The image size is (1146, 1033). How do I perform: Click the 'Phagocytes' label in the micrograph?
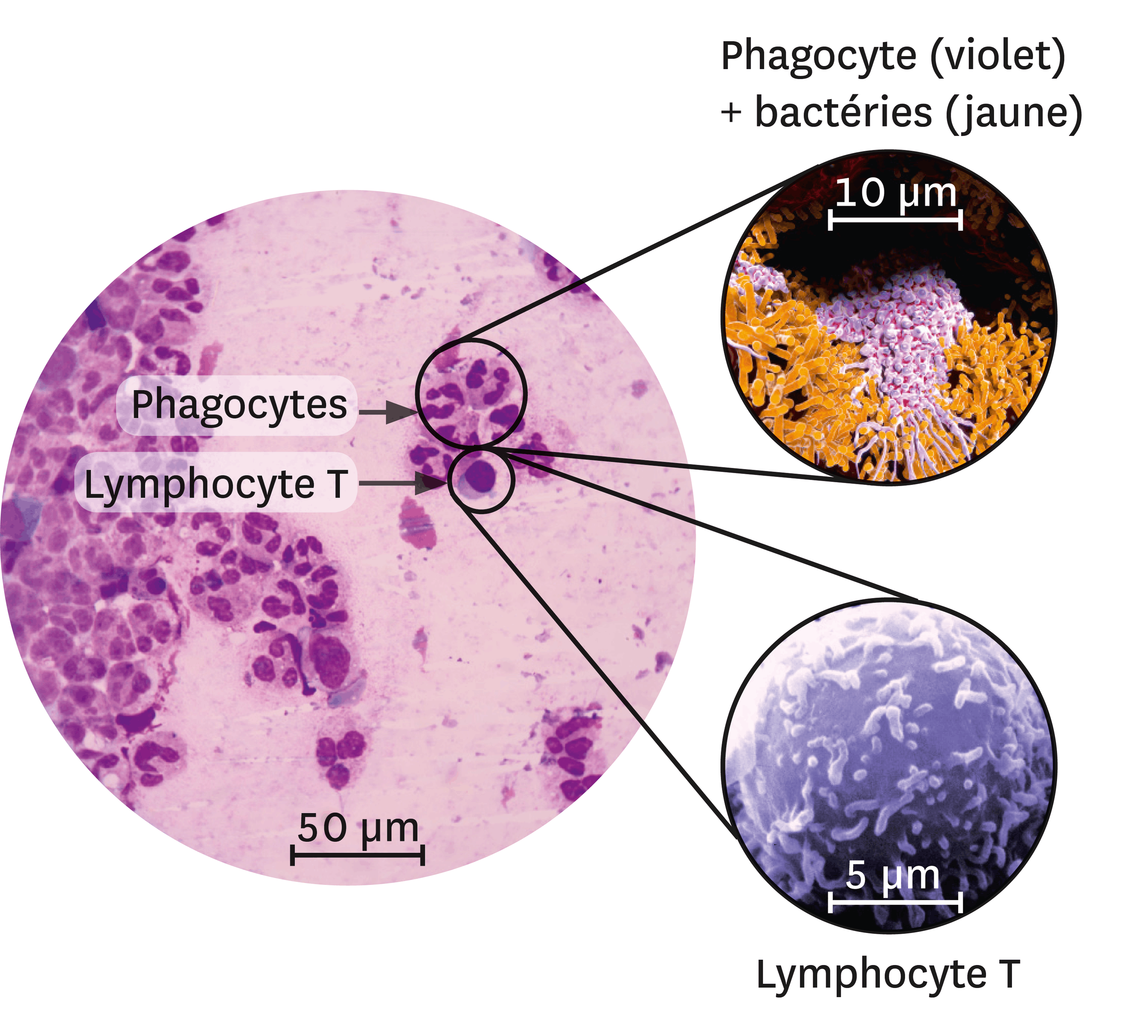(x=239, y=405)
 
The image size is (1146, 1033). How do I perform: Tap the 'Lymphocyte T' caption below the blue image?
(x=888, y=974)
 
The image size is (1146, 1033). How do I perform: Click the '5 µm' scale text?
(x=892, y=875)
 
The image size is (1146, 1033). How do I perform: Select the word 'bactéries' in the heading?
(x=843, y=112)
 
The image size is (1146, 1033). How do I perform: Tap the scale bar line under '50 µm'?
(x=358, y=854)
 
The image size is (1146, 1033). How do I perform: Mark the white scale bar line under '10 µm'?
(x=896, y=219)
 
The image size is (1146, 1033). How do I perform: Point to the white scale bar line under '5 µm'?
(x=895, y=901)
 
